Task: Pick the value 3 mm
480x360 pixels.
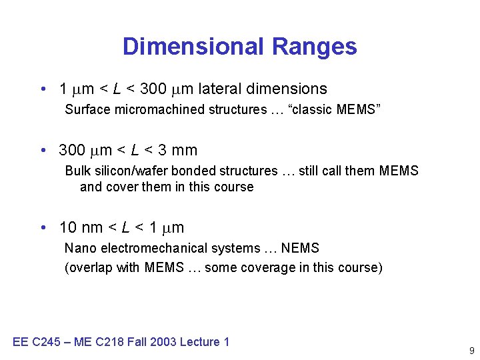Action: [x=178, y=151]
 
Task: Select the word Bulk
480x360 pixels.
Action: [x=77, y=171]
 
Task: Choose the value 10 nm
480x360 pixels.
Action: [x=81, y=228]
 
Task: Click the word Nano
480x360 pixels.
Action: [x=79, y=249]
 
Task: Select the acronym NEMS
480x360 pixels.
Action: [x=301, y=249]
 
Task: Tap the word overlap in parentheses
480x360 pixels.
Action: [x=89, y=268]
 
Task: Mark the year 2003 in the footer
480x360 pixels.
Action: [x=163, y=342]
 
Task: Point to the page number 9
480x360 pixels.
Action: [x=471, y=351]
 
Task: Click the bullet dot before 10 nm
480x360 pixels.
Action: [x=43, y=228]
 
